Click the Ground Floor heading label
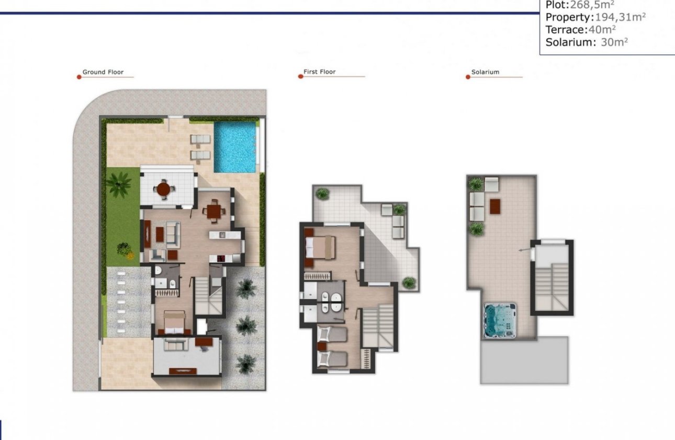point(103,72)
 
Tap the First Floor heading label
point(319,72)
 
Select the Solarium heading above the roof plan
point(485,72)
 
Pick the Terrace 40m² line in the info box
point(580,30)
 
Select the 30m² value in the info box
point(614,42)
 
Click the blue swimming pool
point(235,147)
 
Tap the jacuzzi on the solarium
point(499,320)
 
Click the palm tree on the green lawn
point(119,185)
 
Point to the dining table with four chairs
point(214,211)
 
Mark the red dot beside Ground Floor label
point(79,77)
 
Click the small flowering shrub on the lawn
point(125,249)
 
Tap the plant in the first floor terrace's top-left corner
point(323,193)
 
